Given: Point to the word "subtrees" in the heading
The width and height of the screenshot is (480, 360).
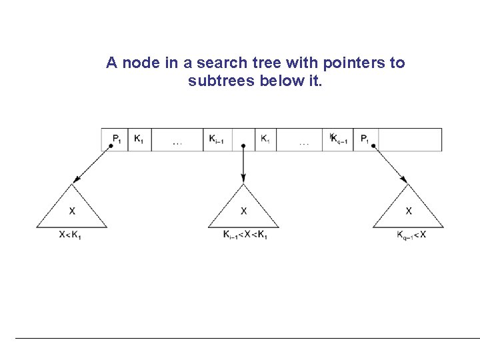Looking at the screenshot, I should click(218, 82).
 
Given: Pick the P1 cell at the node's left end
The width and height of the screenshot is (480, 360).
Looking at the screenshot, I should click(115, 139).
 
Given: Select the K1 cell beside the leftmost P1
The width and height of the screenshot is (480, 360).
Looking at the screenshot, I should click(139, 139).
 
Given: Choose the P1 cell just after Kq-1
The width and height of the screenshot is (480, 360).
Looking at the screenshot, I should click(365, 139).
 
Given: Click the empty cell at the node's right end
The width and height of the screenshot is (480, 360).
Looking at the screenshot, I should click(409, 139).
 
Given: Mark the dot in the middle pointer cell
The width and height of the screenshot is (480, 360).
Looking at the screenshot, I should click(243, 145).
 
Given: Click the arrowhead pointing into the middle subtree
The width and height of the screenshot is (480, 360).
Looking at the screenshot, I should click(243, 178).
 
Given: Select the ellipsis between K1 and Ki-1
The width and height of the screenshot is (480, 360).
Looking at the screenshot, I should click(178, 142).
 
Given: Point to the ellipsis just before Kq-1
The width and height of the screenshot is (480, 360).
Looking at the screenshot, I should click(304, 142).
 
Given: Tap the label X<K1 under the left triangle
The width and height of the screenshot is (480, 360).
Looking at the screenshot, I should click(71, 235).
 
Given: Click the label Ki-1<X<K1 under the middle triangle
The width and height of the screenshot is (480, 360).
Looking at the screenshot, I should click(245, 235).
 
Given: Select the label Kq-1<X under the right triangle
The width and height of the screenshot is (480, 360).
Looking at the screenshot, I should click(411, 235).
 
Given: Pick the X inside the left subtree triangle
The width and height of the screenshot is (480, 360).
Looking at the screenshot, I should click(72, 211).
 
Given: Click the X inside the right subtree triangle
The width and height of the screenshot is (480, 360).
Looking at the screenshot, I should click(409, 211).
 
